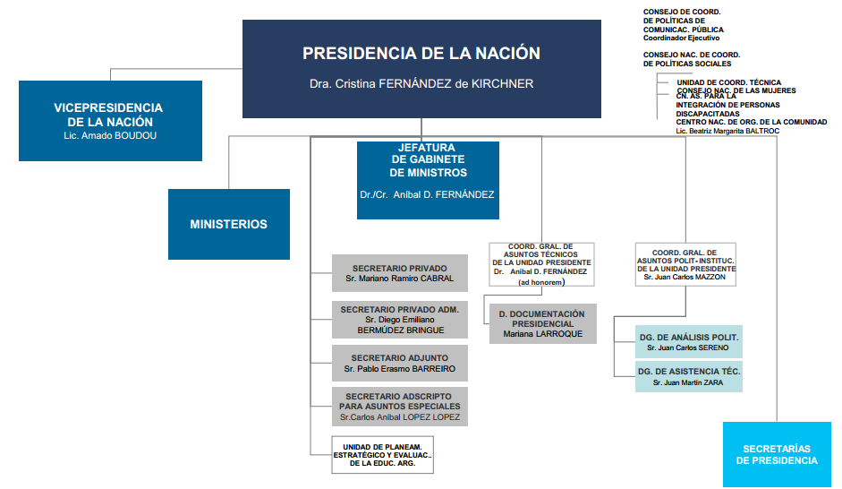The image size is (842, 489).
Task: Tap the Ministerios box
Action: (x=228, y=224)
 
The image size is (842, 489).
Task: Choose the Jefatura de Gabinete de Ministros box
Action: (x=428, y=179)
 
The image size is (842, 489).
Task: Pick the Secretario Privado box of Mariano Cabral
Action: (x=400, y=273)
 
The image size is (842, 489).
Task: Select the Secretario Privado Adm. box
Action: (x=400, y=320)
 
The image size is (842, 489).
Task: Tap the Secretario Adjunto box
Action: (x=400, y=363)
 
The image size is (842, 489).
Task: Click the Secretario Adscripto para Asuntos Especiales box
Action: (x=400, y=407)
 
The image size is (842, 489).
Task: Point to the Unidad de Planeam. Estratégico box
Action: (x=383, y=454)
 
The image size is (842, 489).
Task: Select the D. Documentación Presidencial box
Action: (x=541, y=323)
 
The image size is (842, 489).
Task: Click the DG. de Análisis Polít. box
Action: (x=689, y=341)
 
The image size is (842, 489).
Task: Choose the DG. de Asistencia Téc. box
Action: (x=689, y=376)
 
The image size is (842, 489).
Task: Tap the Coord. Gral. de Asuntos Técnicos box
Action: (x=541, y=262)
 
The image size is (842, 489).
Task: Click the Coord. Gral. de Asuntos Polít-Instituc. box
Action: (x=685, y=263)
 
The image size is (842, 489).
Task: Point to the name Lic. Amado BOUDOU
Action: (x=110, y=135)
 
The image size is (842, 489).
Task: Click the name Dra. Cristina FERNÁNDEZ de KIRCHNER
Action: (x=421, y=84)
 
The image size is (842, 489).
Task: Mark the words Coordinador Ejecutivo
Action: (x=681, y=38)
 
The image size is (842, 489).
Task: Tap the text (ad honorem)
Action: (x=541, y=282)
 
